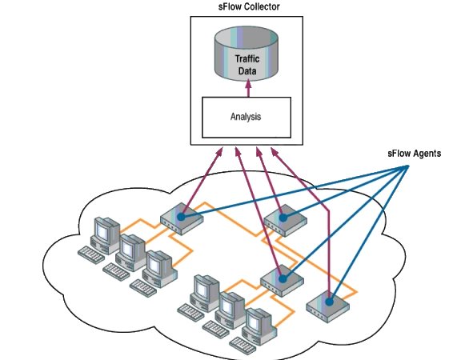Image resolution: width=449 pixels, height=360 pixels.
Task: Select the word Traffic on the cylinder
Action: point(247,58)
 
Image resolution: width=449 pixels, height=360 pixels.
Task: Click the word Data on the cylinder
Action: point(247,70)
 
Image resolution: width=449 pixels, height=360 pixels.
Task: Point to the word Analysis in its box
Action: point(246,117)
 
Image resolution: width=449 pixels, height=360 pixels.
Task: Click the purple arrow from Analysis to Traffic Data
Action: point(248,88)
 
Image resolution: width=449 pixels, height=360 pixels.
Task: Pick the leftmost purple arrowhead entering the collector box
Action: point(219,151)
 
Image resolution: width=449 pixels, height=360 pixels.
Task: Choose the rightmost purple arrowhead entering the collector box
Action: point(275,152)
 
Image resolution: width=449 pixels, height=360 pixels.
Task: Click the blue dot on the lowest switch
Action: point(329,302)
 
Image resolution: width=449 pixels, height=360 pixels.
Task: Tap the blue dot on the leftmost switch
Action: point(181,217)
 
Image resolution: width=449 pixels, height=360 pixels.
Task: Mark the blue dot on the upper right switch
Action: point(283,218)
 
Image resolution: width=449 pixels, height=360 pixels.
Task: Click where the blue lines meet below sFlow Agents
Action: point(407,166)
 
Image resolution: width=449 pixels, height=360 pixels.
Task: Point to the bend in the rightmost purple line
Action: point(328,210)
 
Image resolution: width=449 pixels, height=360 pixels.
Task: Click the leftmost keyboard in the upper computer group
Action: point(91,254)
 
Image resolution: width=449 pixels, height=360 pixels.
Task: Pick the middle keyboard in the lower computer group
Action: point(216,328)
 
